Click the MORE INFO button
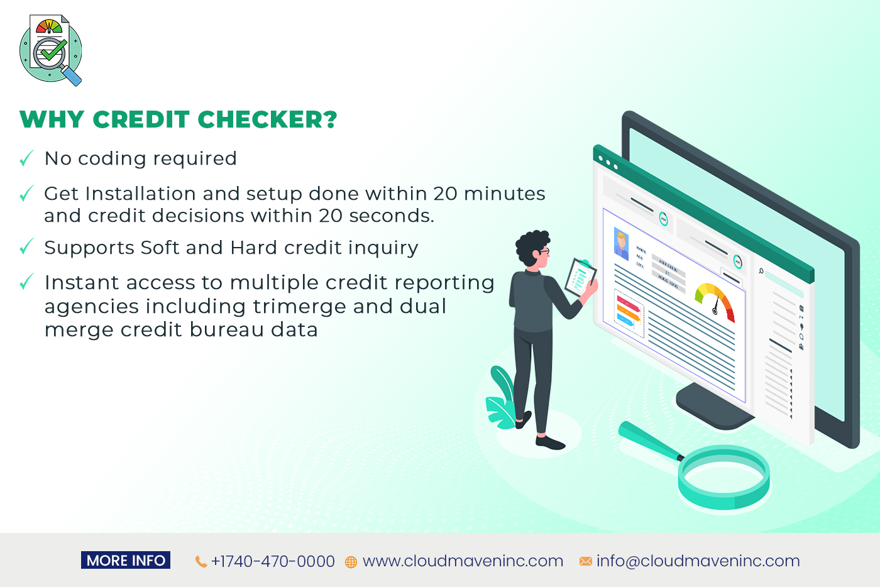point(126,561)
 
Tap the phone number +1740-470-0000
point(273,561)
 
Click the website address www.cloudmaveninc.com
point(463,561)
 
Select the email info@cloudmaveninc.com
point(698,561)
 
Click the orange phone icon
point(201,562)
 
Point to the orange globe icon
point(351,562)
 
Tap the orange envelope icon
point(585,561)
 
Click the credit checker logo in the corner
point(51,50)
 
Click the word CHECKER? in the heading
point(267,119)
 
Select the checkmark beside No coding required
point(26,158)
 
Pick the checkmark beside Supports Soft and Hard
point(26,247)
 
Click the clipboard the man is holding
point(580,277)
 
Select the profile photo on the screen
point(622,244)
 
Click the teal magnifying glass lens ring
point(723,478)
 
